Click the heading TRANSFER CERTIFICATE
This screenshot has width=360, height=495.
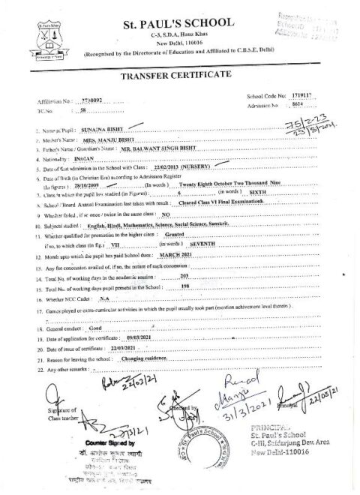point(180,77)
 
